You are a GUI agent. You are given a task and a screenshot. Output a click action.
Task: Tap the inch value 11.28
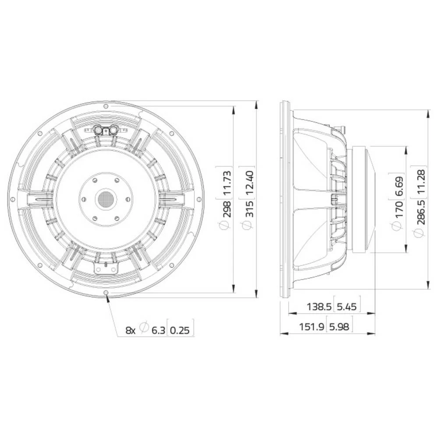(421, 180)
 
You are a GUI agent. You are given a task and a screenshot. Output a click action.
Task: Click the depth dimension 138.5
(318, 307)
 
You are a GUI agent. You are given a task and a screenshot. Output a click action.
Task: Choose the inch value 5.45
(347, 307)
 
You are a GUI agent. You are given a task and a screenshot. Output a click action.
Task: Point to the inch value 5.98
(339, 326)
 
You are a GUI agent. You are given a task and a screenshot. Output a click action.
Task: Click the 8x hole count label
(131, 330)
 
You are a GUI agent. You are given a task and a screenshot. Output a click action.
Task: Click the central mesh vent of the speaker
(106, 199)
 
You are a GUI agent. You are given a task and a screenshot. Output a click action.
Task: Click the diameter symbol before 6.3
(143, 327)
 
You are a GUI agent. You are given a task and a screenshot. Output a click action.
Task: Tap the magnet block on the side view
(363, 200)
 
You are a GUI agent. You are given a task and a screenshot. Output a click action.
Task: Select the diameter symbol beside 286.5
(421, 234)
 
